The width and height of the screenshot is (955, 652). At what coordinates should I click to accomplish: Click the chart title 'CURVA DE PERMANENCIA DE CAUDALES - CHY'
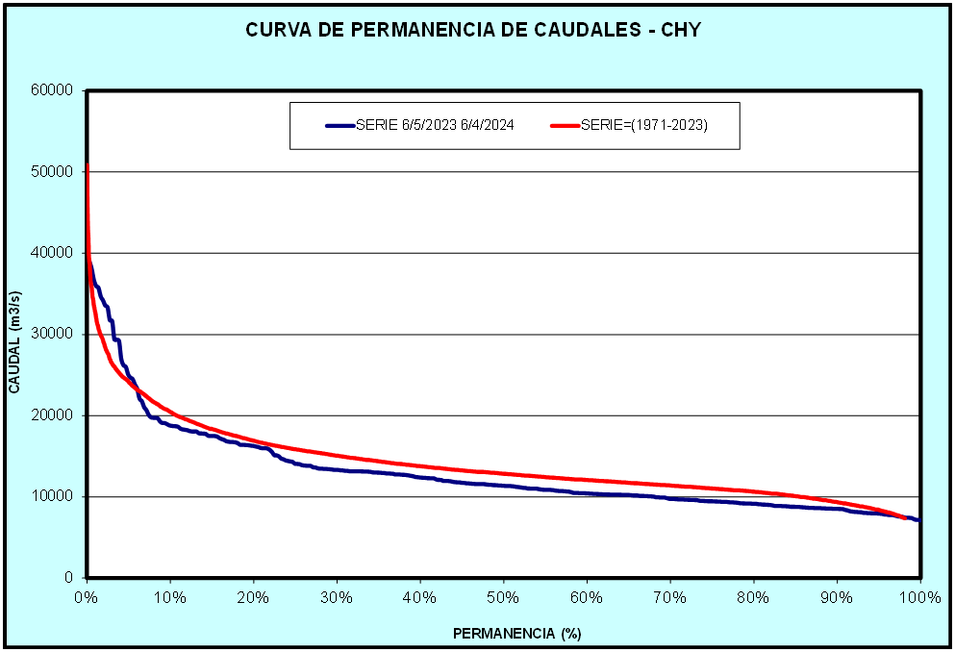(x=473, y=30)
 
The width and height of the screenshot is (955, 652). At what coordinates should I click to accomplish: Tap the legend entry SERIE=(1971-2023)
(x=643, y=125)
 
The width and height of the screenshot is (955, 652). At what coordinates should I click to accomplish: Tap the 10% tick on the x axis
(x=170, y=597)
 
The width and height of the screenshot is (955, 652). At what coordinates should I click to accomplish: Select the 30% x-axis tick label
(x=337, y=597)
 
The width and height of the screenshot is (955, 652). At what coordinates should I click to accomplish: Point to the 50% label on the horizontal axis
(x=503, y=597)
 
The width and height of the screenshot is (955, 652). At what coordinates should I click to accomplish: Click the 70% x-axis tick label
(x=670, y=597)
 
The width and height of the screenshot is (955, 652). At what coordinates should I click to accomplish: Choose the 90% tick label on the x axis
(x=837, y=597)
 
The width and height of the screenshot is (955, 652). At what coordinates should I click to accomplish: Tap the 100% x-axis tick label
(x=920, y=597)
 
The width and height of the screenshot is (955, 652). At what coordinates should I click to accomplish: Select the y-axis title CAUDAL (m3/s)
(x=14, y=336)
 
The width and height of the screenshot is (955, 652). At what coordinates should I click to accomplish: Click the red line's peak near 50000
(x=88, y=166)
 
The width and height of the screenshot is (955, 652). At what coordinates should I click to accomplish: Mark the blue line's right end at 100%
(x=918, y=520)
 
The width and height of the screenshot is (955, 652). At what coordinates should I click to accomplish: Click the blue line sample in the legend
(x=339, y=125)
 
